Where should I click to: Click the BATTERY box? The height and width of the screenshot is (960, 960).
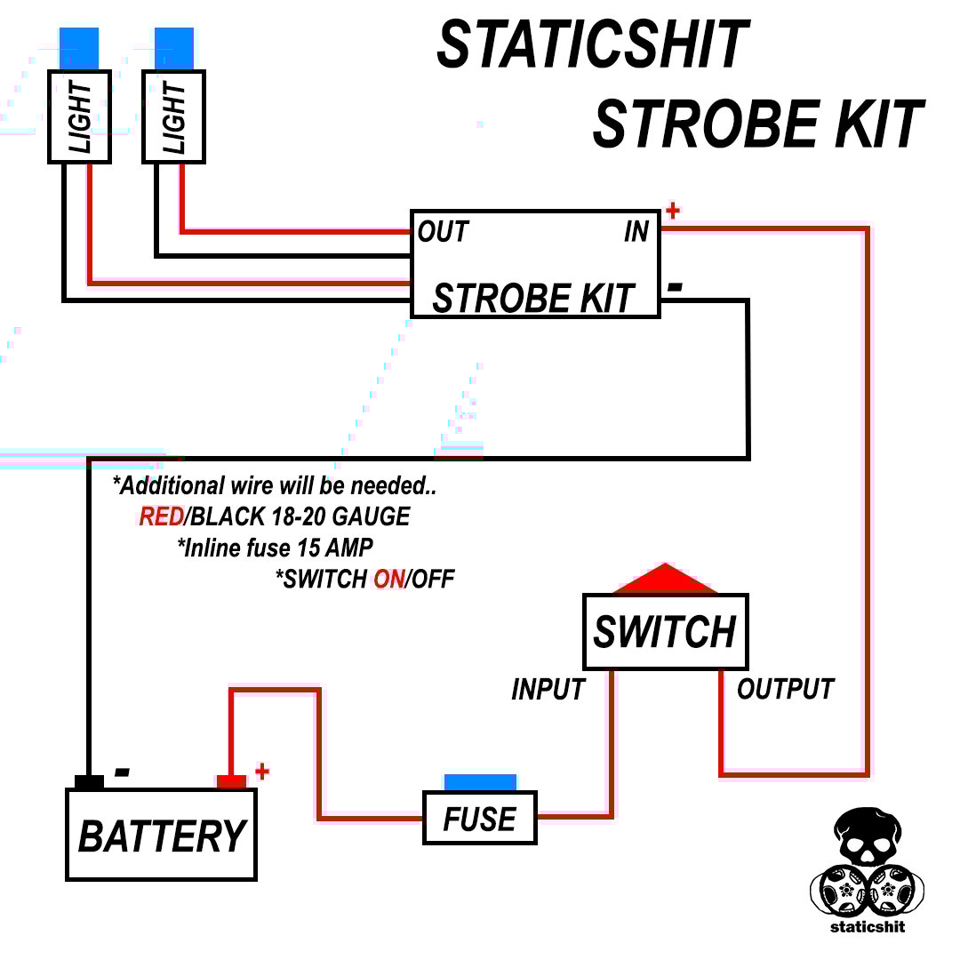click(x=161, y=835)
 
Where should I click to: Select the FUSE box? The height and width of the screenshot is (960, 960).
click(x=479, y=818)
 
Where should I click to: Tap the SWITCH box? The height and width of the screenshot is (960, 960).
click(x=665, y=632)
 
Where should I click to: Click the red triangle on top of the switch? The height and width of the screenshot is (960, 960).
click(x=665, y=580)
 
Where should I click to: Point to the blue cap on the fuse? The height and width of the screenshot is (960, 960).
click(x=480, y=782)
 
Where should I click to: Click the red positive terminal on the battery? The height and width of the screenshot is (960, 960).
click(x=231, y=781)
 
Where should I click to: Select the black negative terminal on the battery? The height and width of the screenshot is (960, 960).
click(x=89, y=781)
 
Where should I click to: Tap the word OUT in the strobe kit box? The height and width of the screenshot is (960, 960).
click(x=443, y=232)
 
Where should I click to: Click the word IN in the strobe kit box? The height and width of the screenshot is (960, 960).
click(x=636, y=232)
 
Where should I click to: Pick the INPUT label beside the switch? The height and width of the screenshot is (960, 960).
click(x=548, y=689)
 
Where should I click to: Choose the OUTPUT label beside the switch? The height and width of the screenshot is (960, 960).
click(x=786, y=689)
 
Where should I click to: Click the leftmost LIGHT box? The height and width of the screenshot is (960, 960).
click(x=79, y=117)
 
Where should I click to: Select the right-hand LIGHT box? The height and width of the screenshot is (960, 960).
click(x=174, y=117)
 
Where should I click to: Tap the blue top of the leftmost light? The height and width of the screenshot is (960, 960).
click(x=79, y=49)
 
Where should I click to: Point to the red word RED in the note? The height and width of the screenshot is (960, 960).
click(x=161, y=516)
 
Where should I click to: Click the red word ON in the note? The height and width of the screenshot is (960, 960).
click(x=388, y=580)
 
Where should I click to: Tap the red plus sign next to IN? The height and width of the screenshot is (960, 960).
click(x=673, y=211)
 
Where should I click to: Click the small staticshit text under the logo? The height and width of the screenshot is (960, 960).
click(x=868, y=926)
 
